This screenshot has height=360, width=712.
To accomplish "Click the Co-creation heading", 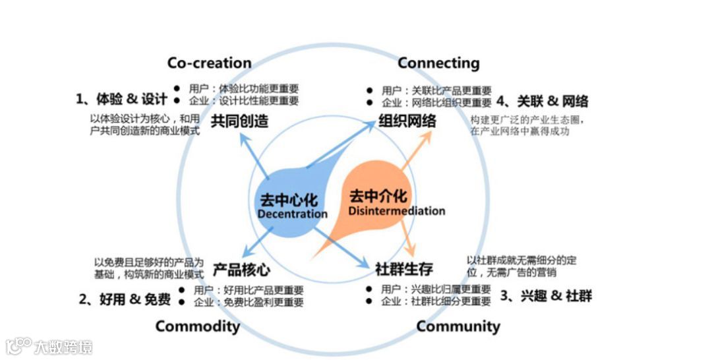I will (x=209, y=63).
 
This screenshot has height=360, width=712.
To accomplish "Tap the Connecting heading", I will (x=438, y=63).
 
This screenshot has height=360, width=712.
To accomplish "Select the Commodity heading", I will (x=198, y=326).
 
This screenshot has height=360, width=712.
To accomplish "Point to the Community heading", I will (x=458, y=326).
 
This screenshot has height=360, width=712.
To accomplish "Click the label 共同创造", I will (x=239, y=121).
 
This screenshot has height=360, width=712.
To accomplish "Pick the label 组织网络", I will (x=407, y=121).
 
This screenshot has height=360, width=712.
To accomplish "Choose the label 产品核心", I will (x=241, y=270).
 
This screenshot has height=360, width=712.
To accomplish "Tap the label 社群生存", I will (x=404, y=269).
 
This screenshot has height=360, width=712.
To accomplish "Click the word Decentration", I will (x=292, y=214).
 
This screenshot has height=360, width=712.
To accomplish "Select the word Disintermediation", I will (x=396, y=211).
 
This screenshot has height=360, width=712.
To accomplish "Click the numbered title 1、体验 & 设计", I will (x=121, y=100).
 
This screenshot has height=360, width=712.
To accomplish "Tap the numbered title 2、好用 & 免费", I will (x=125, y=299).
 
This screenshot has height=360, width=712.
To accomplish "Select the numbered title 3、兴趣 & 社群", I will (x=546, y=295).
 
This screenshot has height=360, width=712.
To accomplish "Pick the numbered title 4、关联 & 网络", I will (x=542, y=102).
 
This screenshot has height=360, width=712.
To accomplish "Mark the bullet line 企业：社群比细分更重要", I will (x=436, y=301).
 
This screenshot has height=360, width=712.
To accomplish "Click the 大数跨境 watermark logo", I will (x=49, y=347).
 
